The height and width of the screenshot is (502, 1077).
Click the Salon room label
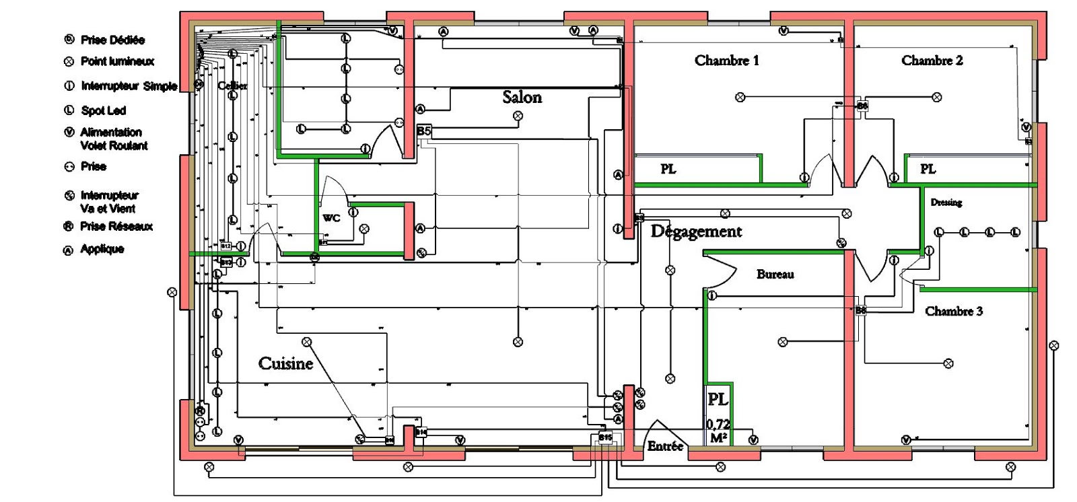(x=522, y=98)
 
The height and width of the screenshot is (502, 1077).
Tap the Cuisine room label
(x=286, y=364)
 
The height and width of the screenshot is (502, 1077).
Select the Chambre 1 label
(x=726, y=61)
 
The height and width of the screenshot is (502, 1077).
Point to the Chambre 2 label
(x=932, y=61)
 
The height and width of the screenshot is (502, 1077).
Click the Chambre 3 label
(x=953, y=311)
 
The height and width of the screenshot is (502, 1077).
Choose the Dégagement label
(x=696, y=231)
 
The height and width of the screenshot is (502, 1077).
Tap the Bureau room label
(x=775, y=275)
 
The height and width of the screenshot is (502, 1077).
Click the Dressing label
(x=946, y=203)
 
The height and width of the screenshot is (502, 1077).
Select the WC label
(x=331, y=218)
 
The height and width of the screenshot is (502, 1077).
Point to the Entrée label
(x=665, y=446)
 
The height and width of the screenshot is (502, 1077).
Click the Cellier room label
(x=232, y=85)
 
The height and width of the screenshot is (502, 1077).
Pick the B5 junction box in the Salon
(x=423, y=131)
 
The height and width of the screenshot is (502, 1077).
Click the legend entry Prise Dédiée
(x=112, y=40)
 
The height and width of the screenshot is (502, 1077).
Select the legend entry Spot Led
(x=103, y=110)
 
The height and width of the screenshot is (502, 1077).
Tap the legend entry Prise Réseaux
(x=116, y=226)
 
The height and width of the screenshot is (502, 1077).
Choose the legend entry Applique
(x=102, y=249)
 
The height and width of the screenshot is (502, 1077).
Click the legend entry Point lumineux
(x=116, y=61)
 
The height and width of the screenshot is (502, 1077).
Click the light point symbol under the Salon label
(x=518, y=116)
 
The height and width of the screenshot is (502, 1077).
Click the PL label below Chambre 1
(x=668, y=169)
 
